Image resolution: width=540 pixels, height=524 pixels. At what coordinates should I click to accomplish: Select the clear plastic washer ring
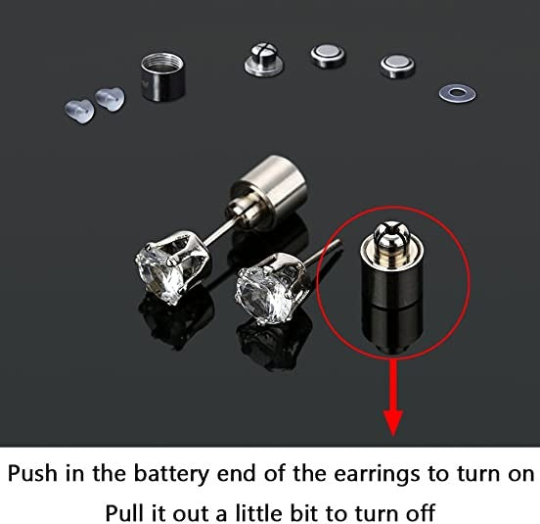click(457, 93)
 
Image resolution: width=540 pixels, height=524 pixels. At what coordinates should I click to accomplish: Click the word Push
click(32, 474)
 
